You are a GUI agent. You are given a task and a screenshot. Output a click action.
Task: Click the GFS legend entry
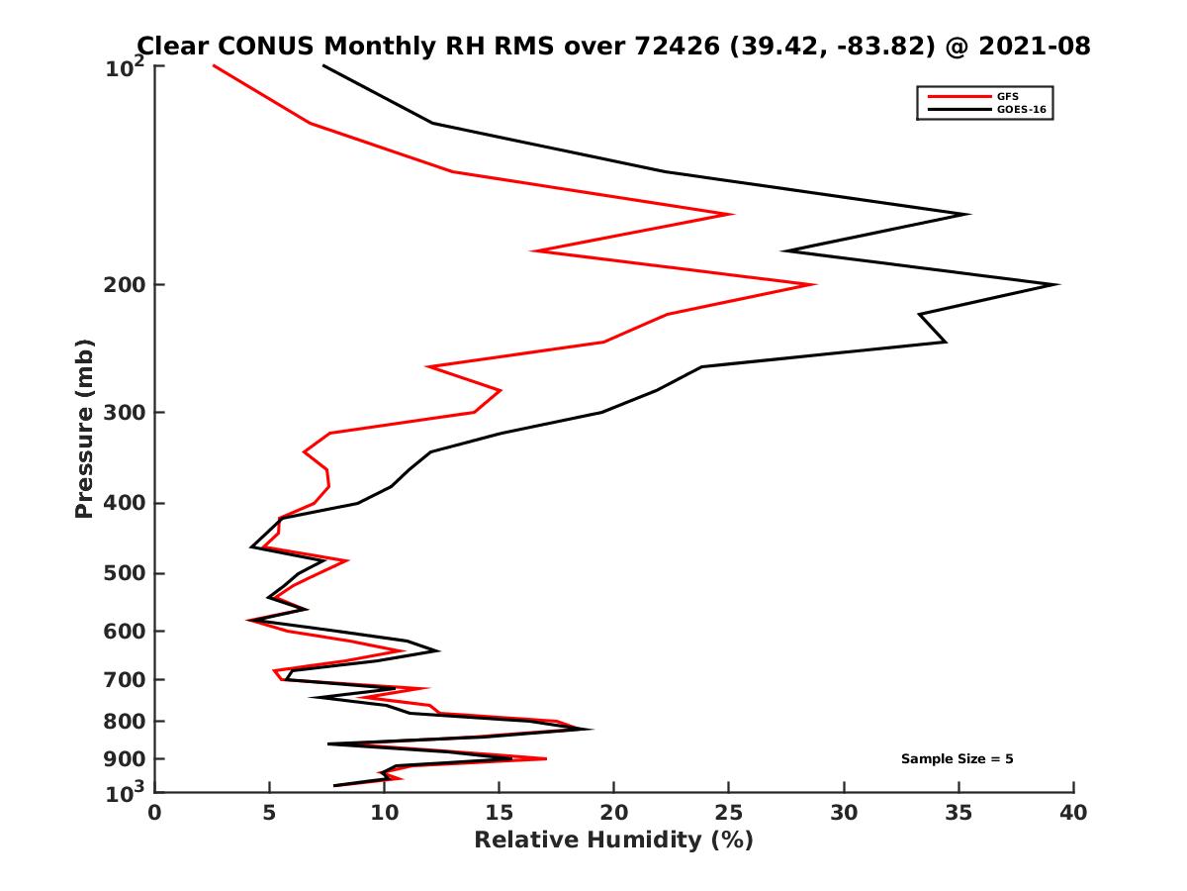1004,97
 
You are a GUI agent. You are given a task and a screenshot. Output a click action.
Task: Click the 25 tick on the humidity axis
729,813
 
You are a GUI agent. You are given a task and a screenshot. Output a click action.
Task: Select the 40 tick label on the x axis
1073,813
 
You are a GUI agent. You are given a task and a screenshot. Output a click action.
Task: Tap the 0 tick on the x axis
155,813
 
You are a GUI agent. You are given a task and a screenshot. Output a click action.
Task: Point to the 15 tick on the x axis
500,813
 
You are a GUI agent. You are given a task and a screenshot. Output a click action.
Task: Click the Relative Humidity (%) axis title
613,841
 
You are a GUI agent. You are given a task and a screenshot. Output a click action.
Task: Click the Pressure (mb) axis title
84,428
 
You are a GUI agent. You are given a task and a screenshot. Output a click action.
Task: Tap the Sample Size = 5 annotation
957,759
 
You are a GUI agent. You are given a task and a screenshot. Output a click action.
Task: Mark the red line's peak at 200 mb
814,285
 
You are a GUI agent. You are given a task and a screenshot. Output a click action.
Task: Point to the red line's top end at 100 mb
214,65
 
